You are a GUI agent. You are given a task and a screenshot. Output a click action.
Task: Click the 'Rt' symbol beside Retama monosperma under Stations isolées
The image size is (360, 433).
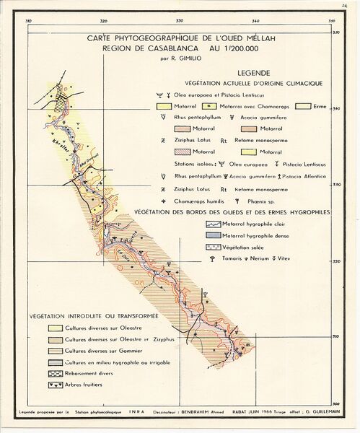pyautogui.click(x=224, y=188)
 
